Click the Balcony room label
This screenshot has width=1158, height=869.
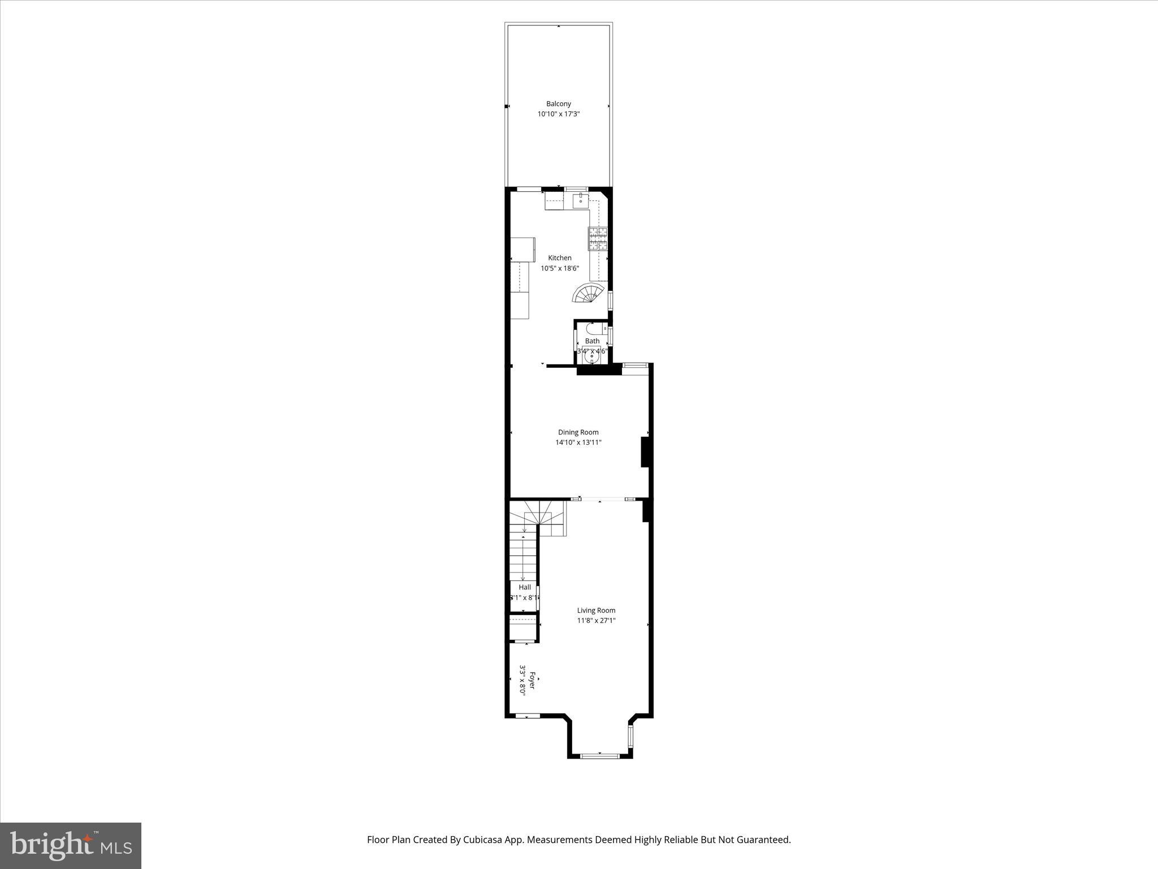point(558,104)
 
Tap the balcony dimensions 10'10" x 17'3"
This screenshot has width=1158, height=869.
point(559,114)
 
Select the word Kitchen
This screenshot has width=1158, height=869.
point(559,258)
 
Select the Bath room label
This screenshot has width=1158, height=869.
point(592,341)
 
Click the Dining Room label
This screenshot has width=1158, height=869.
point(578,432)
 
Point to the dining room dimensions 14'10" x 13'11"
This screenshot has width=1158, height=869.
point(578,442)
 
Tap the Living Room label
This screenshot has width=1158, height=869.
point(596,610)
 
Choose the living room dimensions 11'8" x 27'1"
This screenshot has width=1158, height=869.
point(596,621)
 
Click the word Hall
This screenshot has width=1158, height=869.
point(525,587)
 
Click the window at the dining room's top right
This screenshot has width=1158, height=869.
point(635,366)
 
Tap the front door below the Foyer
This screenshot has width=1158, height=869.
point(528,716)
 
